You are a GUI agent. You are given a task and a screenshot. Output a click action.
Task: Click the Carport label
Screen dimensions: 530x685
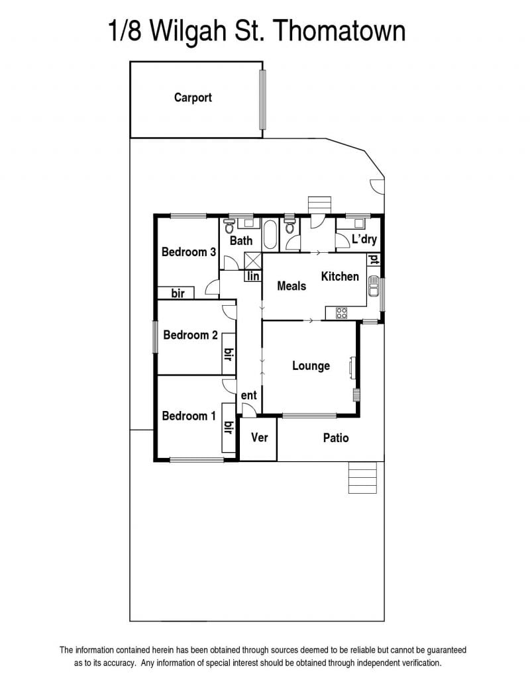(193, 97)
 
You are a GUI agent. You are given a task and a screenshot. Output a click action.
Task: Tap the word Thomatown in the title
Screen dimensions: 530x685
(341, 30)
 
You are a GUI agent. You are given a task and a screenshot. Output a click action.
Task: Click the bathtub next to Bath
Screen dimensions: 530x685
(270, 235)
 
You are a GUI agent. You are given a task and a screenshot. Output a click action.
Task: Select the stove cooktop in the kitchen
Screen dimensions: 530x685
(342, 313)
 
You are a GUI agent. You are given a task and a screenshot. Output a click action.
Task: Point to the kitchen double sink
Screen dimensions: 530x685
(374, 286)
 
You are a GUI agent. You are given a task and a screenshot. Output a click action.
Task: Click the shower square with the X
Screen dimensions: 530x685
(253, 261)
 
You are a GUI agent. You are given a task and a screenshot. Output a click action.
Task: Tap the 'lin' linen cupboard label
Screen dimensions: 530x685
(253, 276)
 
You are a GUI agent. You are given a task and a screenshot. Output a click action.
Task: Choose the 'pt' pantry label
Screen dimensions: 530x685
(374, 260)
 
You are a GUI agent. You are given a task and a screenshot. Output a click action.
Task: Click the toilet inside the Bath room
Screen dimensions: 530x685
(229, 226)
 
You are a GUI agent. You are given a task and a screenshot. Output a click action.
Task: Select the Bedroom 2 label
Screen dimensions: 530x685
(190, 335)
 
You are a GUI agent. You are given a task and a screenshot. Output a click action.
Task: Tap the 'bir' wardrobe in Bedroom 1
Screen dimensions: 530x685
(229, 428)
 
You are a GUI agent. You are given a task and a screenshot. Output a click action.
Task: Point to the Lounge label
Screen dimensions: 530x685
(311, 366)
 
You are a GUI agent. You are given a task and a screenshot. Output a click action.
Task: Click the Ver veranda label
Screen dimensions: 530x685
(259, 437)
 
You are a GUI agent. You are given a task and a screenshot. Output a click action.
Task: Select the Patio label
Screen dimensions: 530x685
(336, 437)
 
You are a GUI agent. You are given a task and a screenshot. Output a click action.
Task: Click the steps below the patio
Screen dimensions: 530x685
(362, 477)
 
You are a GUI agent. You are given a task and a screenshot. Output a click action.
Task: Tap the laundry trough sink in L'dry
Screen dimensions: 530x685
(359, 223)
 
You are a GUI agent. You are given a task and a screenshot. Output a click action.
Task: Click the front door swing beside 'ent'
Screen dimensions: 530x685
(248, 410)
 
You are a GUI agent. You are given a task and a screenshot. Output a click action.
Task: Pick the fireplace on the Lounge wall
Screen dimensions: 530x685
(352, 366)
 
